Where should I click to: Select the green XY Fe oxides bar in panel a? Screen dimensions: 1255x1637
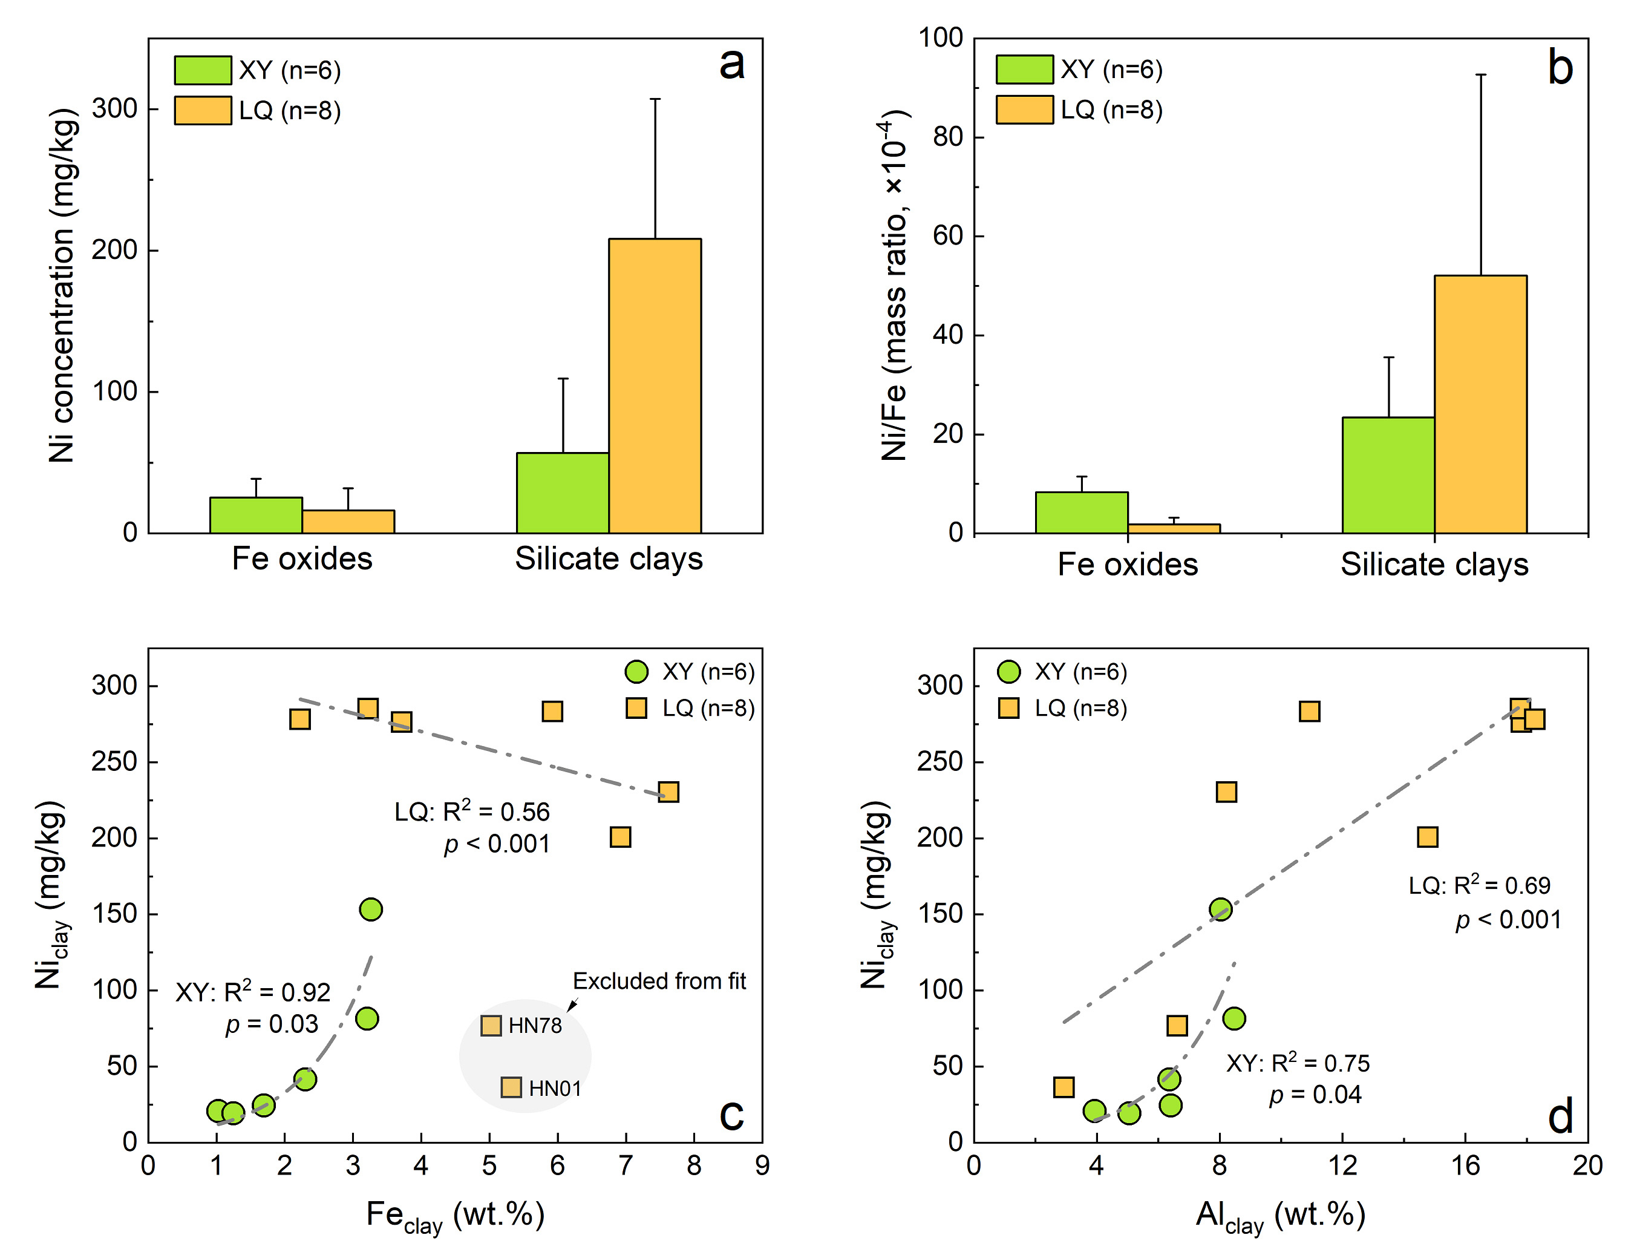(x=256, y=515)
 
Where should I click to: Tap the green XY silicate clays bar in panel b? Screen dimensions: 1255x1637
(x=1388, y=475)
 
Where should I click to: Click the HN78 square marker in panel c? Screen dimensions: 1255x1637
(x=491, y=1026)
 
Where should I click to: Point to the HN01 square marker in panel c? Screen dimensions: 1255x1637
(x=511, y=1087)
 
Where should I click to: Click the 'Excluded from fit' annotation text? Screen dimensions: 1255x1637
(x=659, y=981)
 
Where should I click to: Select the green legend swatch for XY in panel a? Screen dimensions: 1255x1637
(x=203, y=70)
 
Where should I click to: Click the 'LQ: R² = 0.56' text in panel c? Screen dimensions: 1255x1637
(x=471, y=812)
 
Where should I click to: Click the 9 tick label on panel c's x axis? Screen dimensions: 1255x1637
(x=762, y=1166)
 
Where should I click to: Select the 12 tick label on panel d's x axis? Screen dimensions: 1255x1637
(x=1342, y=1166)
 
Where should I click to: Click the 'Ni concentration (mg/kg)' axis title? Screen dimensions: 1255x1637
(x=63, y=286)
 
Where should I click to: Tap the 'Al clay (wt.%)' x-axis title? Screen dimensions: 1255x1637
(x=1280, y=1216)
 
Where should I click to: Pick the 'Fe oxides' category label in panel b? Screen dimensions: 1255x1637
(x=1127, y=565)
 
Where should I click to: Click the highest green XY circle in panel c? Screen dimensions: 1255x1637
(x=370, y=909)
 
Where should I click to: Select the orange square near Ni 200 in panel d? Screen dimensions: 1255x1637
(x=1427, y=837)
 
